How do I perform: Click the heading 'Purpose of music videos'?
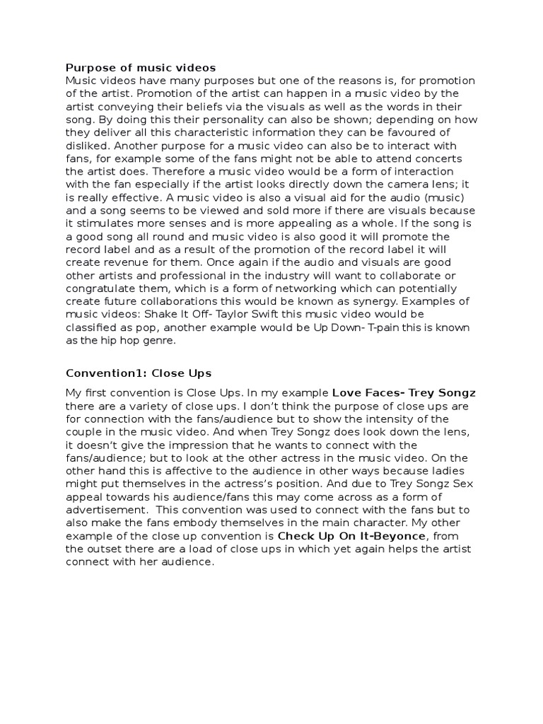click(x=141, y=68)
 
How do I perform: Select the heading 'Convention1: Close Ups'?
click(x=139, y=373)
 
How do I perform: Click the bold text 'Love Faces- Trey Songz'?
click(x=404, y=393)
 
